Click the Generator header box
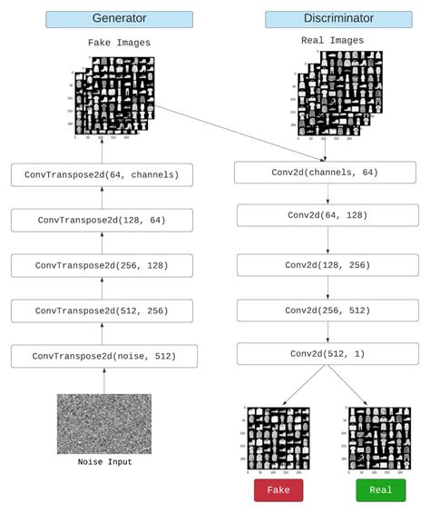pos(119,19)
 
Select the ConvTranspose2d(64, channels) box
pos(102,174)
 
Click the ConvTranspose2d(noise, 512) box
pos(102,356)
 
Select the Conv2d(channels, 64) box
pos(324,173)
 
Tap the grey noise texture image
pos(103,423)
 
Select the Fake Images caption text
pos(119,43)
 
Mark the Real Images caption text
pos(332,41)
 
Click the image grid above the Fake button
pos(279,438)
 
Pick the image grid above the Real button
pos(379,438)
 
